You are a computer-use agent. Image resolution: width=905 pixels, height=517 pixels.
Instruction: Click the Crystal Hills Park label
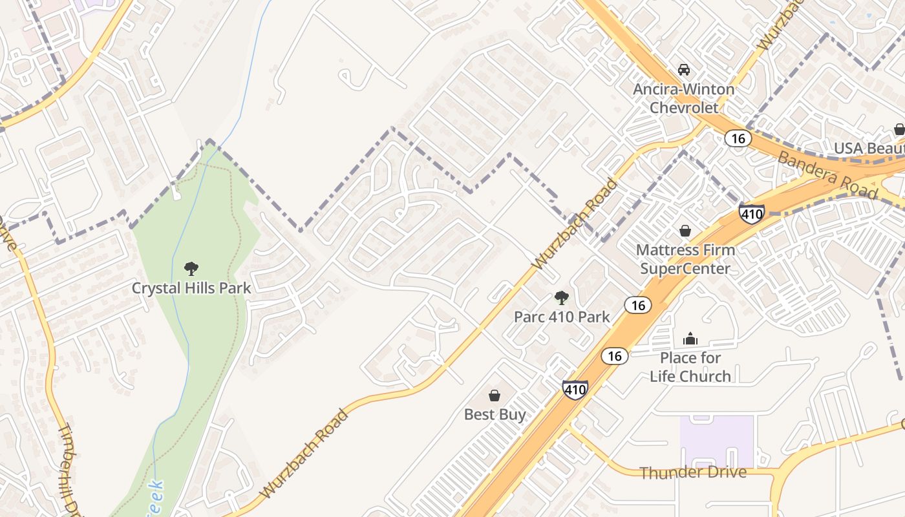tap(191, 288)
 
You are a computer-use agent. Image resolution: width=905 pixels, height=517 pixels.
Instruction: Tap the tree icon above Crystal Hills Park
tap(191, 268)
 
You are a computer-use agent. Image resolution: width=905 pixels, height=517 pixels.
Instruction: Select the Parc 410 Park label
tap(562, 317)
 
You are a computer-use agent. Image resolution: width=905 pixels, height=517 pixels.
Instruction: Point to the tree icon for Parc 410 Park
tap(562, 298)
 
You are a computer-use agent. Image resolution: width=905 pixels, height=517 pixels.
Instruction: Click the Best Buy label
tap(495, 414)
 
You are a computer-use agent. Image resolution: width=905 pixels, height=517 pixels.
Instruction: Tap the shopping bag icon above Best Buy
tap(495, 396)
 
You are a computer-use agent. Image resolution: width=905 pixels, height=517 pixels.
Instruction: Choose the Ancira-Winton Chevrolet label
tap(684, 98)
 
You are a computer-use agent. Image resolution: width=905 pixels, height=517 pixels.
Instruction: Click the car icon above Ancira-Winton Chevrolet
tap(684, 70)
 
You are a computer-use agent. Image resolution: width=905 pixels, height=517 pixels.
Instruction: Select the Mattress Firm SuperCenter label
tap(685, 259)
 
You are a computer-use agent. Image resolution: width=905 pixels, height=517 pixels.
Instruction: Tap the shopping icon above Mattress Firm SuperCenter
tap(685, 231)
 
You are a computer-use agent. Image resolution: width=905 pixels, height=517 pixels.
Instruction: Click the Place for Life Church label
tap(690, 367)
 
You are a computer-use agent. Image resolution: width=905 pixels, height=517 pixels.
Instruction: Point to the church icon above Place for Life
tap(690, 339)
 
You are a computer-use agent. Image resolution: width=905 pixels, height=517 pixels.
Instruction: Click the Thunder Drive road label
tap(693, 472)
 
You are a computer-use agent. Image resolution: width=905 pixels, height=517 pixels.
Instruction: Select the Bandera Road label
tap(827, 174)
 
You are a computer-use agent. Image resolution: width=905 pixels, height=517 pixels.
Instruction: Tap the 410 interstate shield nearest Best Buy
tap(575, 389)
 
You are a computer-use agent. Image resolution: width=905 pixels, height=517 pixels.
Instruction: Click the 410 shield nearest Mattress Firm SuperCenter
tap(752, 213)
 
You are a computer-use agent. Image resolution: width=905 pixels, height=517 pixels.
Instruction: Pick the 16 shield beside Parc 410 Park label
tap(639, 305)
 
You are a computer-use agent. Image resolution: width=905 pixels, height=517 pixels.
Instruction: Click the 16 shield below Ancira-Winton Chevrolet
tap(737, 138)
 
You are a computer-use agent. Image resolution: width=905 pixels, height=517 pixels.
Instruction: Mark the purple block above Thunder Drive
tap(717, 441)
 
